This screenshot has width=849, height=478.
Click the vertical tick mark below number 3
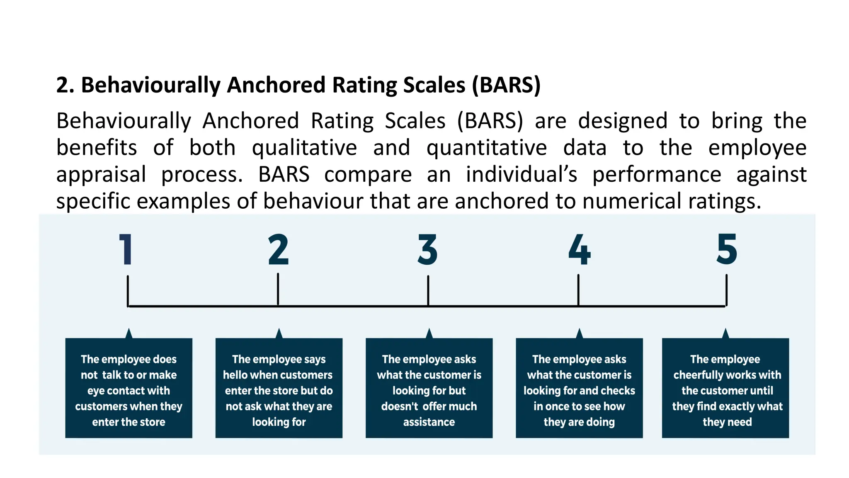[x=428, y=290]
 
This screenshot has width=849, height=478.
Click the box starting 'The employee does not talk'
[x=129, y=388]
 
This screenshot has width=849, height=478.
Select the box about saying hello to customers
[x=279, y=388]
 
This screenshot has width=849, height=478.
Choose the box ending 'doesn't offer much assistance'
[x=429, y=388]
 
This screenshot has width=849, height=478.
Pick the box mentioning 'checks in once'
[x=579, y=388]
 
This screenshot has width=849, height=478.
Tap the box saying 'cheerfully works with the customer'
[x=725, y=388]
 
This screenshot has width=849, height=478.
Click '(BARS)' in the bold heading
[x=506, y=85]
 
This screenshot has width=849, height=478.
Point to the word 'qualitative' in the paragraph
[x=304, y=148]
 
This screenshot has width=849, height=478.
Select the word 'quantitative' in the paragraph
[x=487, y=148]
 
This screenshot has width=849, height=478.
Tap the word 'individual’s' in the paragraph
[x=521, y=175]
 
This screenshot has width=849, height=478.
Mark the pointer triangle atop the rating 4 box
[x=579, y=334]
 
